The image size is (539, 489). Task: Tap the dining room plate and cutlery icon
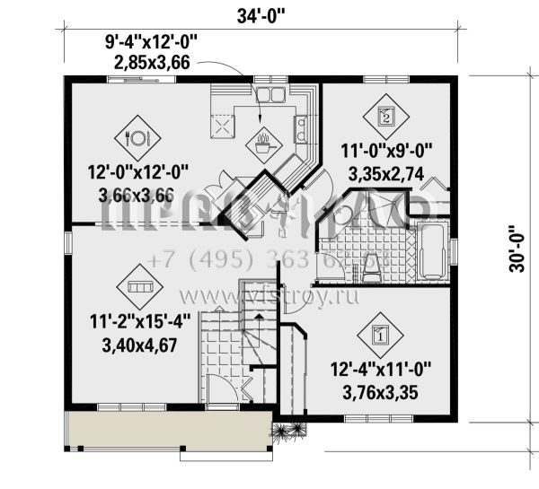pyautogui.click(x=139, y=137)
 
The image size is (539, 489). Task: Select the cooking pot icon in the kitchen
pyautogui.click(x=264, y=139)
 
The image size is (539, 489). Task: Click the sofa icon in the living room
pyautogui.click(x=139, y=286)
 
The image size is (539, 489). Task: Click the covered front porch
pyautogui.click(x=167, y=430)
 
